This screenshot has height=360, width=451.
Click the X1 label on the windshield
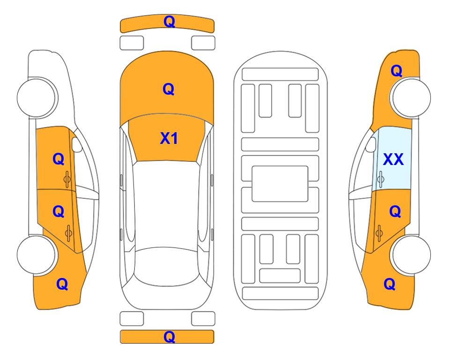tap(169, 138)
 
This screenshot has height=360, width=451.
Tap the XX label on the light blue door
tap(393, 159)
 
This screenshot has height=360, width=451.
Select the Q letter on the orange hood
tap(169, 89)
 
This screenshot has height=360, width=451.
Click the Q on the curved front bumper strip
tap(169, 21)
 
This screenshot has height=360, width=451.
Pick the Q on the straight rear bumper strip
tap(169, 337)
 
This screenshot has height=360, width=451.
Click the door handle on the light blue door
tap(381, 180)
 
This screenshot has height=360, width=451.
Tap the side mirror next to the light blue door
tap(370, 144)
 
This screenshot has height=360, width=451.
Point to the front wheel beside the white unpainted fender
tap(37, 97)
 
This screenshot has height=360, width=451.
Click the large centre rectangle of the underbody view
tap(280, 183)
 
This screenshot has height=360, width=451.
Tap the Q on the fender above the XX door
tap(396, 71)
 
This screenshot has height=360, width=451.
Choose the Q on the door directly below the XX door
tap(395, 212)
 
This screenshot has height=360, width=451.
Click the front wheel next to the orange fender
tap(410, 97)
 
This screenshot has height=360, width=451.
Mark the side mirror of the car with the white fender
tap(77, 144)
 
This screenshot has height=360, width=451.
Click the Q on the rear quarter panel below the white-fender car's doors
tap(62, 284)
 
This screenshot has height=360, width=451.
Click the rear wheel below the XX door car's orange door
tap(410, 255)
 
